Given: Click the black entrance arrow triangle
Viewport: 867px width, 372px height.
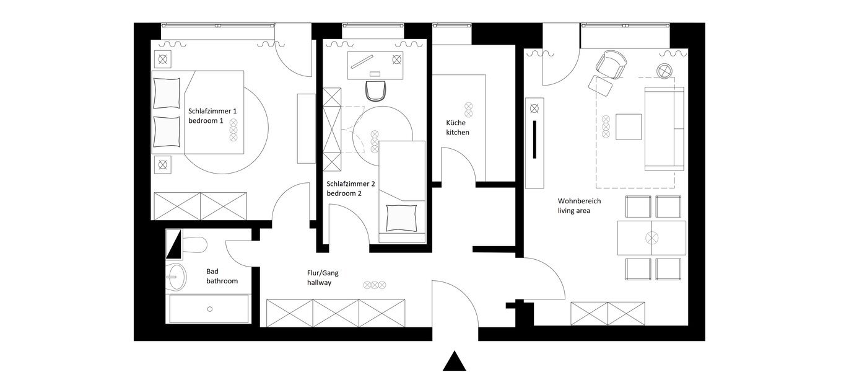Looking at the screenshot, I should [454, 361].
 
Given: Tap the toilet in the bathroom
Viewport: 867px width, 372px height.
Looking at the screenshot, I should [194, 246].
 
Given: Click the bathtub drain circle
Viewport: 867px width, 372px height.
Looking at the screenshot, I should [210, 309].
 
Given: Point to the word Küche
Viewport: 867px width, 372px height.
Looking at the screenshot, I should [456, 123].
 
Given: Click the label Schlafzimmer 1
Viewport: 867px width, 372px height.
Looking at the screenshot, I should [212, 111].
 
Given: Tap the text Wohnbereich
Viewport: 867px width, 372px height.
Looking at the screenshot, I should [579, 201].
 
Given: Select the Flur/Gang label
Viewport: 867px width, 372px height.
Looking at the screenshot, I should [323, 273].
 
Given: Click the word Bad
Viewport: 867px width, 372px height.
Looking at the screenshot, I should [212, 272].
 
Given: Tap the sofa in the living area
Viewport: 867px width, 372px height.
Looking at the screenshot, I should [664, 128].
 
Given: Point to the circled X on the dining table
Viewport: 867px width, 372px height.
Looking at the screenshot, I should [651, 237].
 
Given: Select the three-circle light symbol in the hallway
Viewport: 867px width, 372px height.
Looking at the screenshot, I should [375, 285].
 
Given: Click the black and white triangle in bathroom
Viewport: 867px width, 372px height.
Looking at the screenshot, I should [174, 245].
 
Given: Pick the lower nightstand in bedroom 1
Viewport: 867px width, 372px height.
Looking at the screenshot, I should [162, 164].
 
